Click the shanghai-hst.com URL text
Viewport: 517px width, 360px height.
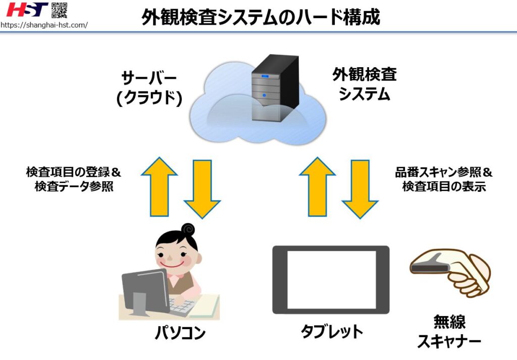(x=44, y=25)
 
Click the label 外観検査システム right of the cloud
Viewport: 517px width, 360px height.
(x=364, y=85)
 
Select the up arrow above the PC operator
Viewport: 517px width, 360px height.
(x=159, y=186)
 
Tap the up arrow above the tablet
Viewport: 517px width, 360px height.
(x=317, y=186)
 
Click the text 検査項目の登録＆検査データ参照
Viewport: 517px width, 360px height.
(x=74, y=179)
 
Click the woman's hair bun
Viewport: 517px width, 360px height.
(x=188, y=230)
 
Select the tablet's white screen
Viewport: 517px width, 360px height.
(x=331, y=280)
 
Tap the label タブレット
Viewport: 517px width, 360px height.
(x=332, y=332)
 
